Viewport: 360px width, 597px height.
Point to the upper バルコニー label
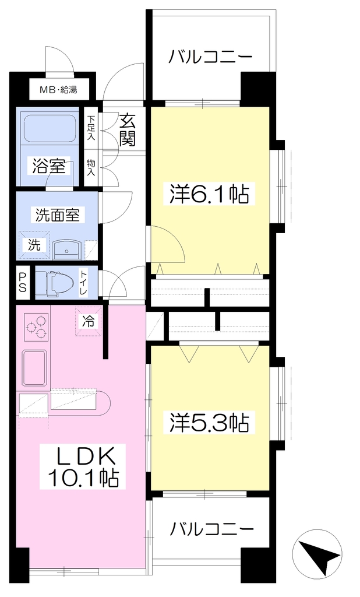pos(210,58)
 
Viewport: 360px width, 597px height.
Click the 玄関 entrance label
pos(128,130)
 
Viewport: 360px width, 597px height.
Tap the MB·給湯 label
pos(59,90)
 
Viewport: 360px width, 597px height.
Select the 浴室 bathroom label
pos(48,166)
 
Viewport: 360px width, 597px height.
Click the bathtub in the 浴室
pos(48,129)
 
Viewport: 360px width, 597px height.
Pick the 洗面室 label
pos(58,216)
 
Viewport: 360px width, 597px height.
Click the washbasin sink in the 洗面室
pos(66,249)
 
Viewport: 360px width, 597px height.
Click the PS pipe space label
pos(23,283)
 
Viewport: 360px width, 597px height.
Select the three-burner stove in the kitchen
pos(37,327)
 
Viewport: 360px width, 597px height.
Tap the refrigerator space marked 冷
pos(89,322)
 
